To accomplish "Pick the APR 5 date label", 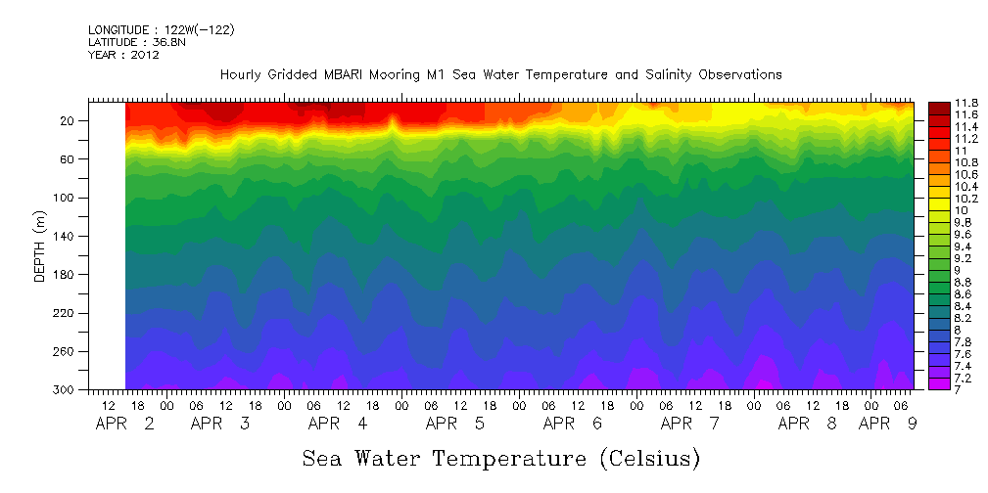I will [454, 425].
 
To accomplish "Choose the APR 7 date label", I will [689, 425].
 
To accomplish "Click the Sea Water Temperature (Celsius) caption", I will [500, 458].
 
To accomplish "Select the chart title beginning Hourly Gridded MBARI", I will [500, 75].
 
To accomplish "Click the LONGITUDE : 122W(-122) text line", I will [161, 30].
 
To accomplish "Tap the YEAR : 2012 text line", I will [123, 56].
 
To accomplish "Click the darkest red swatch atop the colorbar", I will [938, 107].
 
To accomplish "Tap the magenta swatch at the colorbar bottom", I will [938, 383].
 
